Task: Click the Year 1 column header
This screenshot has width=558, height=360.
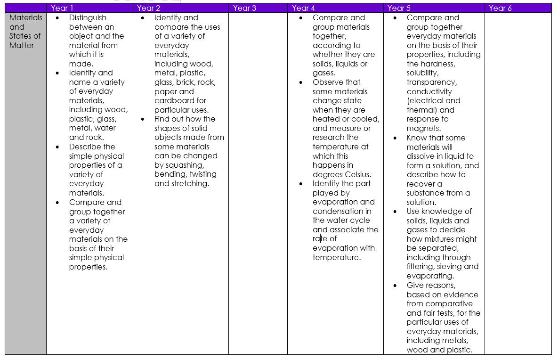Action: [x=62, y=8]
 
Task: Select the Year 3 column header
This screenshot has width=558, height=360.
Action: [x=244, y=8]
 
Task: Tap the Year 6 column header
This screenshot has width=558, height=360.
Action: [x=500, y=8]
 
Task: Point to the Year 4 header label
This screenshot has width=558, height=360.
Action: [x=303, y=8]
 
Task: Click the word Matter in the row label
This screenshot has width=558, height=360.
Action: [x=22, y=45]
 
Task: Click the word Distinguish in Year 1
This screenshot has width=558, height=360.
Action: [x=88, y=18]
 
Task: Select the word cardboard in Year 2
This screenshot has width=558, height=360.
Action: [x=174, y=101]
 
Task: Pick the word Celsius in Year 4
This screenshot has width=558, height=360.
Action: [x=357, y=174]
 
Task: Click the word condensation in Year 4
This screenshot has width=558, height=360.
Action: [x=338, y=211]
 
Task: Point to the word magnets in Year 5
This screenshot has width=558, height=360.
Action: [x=423, y=129]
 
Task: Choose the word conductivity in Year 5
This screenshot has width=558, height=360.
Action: [x=429, y=91]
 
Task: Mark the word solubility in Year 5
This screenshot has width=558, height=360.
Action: [x=422, y=73]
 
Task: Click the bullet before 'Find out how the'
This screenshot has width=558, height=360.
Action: [x=143, y=119]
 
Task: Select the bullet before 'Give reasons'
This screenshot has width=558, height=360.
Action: [x=395, y=286]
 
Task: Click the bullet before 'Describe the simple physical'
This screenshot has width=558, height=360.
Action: [x=57, y=147]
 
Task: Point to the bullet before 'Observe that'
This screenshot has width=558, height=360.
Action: [x=301, y=82]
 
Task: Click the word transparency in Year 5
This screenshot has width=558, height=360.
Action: [x=431, y=82]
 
